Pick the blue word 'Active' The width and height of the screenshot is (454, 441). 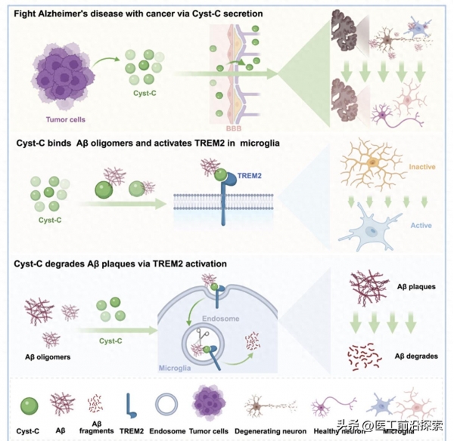421,224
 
